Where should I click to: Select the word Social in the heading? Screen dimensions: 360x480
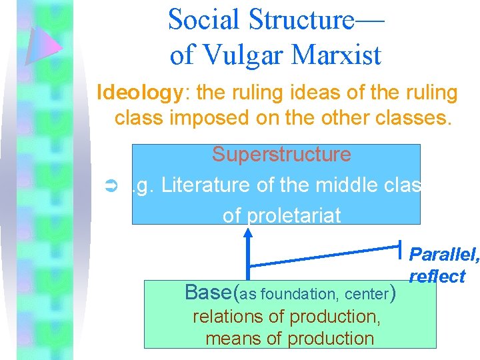(202, 19)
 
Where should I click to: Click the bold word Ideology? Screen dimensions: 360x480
(139, 93)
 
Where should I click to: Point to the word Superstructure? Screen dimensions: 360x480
(281, 154)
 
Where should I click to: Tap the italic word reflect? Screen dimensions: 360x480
(437, 277)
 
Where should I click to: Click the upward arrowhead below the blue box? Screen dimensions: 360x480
(249, 231)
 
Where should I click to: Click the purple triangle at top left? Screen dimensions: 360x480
(44, 45)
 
